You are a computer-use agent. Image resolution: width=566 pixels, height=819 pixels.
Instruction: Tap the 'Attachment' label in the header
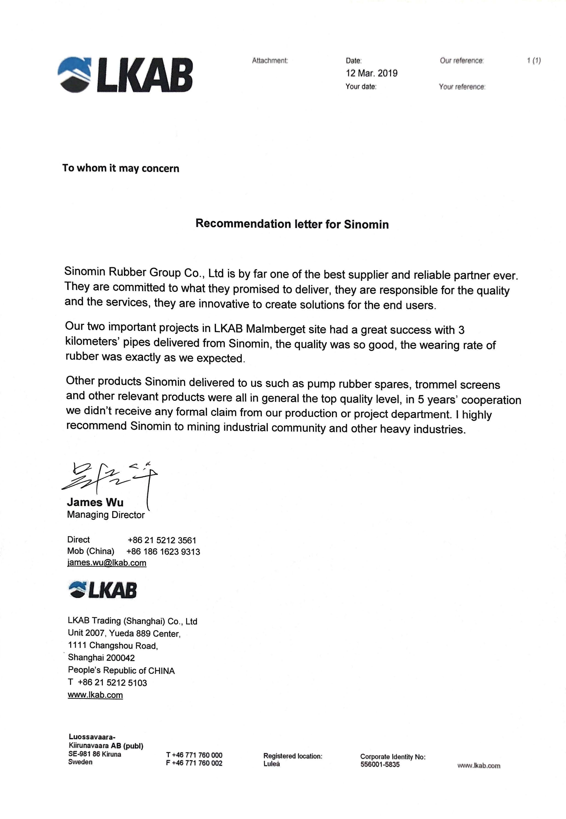[x=269, y=61]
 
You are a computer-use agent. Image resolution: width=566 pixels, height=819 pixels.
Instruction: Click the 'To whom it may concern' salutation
[x=121, y=168]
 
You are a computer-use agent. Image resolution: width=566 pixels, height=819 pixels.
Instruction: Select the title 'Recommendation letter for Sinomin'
[x=292, y=224]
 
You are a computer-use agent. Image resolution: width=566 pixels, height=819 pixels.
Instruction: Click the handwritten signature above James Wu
[x=110, y=478]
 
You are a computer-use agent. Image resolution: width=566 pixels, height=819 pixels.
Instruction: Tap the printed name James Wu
[x=95, y=502]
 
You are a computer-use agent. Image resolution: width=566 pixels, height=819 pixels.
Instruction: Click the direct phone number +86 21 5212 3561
[x=162, y=540]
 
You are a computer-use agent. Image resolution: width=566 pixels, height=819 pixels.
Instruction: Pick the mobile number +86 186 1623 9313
[x=163, y=552]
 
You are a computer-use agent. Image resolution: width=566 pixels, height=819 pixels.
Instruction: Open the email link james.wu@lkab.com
[x=106, y=563]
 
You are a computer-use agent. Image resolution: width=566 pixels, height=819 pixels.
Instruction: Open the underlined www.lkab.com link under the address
[x=95, y=695]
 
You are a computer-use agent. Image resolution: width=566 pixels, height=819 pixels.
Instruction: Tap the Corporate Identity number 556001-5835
[x=380, y=764]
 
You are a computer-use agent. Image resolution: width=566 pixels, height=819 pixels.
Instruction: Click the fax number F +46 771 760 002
[x=194, y=763]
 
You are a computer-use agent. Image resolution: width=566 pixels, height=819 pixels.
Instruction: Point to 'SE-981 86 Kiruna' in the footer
[x=94, y=754]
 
